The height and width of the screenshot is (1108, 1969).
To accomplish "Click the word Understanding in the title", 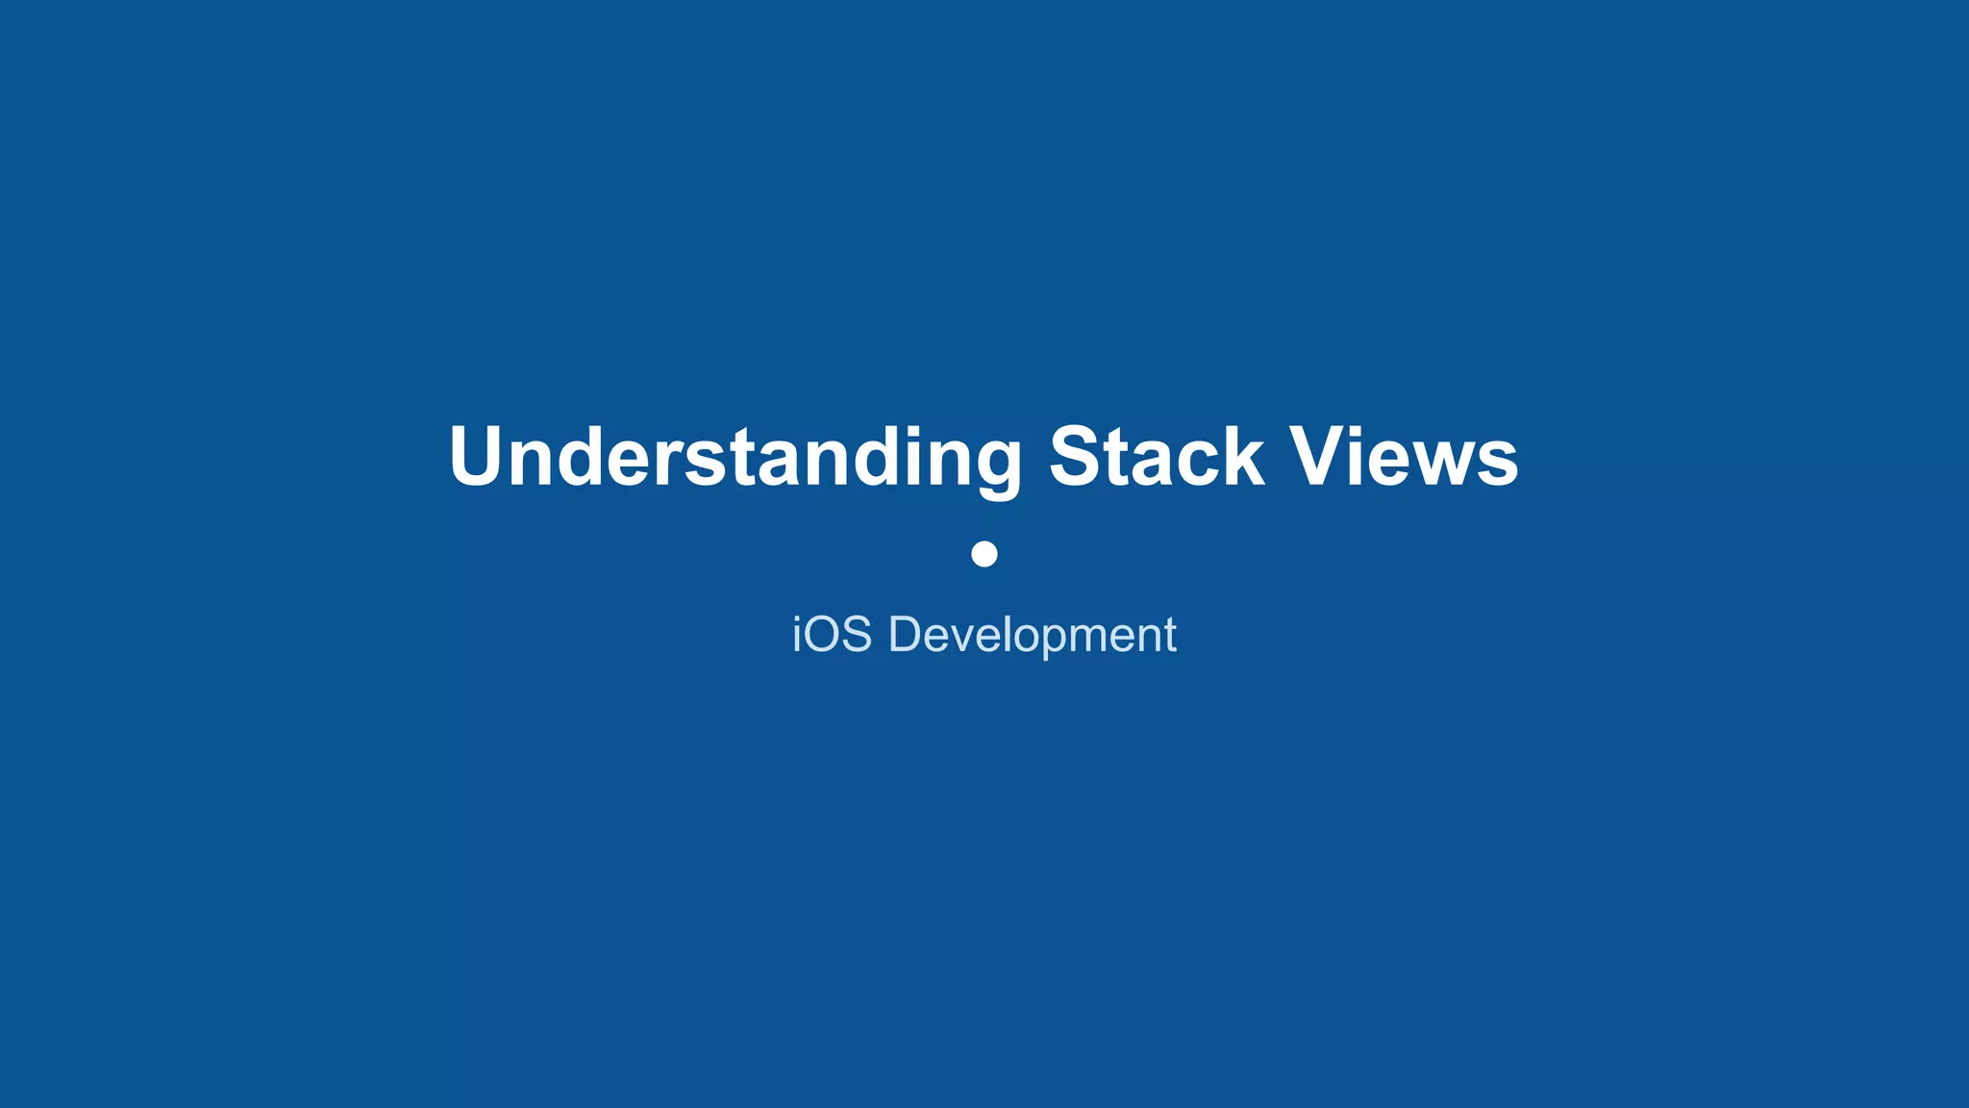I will click(735, 457).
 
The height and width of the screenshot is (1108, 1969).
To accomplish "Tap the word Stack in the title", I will click(1156, 457).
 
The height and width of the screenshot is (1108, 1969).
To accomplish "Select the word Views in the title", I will click(1404, 457).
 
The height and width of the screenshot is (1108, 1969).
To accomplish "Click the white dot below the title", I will click(984, 554).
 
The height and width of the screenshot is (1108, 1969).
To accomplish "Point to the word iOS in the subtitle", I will click(832, 635).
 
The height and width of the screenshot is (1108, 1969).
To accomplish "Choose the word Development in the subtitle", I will click(1033, 635).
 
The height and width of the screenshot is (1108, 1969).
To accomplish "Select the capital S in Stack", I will click(1079, 457).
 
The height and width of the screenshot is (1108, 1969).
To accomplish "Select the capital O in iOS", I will click(826, 635).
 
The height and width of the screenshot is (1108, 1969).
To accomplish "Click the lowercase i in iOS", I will click(797, 635).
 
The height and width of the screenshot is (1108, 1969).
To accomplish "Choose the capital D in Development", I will click(907, 635).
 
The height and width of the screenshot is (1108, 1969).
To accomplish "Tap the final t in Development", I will click(1170, 635).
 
